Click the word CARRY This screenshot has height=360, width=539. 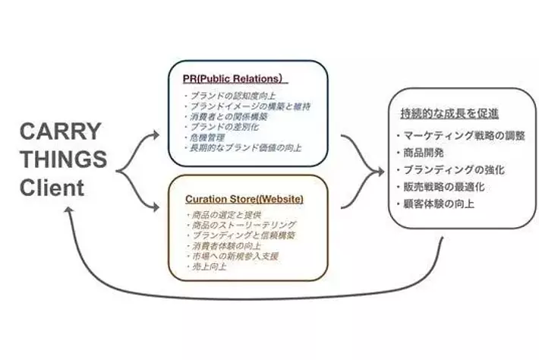click(59, 131)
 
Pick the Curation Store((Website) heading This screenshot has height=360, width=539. click(244, 199)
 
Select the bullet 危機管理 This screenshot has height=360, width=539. click(202, 137)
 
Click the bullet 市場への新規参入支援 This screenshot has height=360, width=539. click(232, 257)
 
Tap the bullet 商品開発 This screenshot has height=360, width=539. click(421, 152)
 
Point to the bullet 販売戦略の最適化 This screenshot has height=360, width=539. click(444, 187)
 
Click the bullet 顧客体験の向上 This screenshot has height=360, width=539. click(439, 204)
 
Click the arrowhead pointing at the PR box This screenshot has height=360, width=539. click(156, 135)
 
